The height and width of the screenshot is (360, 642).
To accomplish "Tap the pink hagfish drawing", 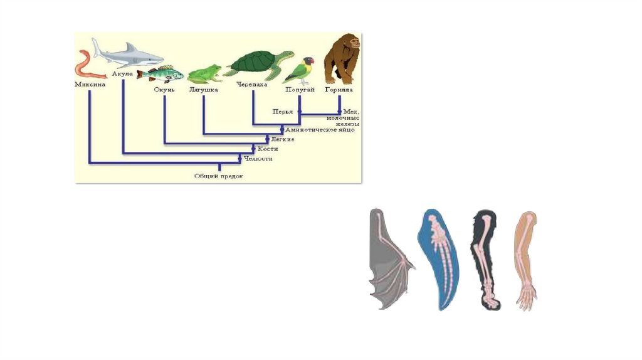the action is (x=82, y=66).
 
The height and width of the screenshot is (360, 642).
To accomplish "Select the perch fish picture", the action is (x=161, y=73).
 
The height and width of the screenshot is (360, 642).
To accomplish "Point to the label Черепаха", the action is (x=252, y=84).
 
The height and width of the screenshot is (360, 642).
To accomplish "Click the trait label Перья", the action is (x=282, y=112).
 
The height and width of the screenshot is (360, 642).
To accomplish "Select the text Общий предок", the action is (x=218, y=177).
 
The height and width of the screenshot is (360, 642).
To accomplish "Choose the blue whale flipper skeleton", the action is (x=441, y=258).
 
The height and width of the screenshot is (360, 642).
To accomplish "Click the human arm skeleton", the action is (x=526, y=260).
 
